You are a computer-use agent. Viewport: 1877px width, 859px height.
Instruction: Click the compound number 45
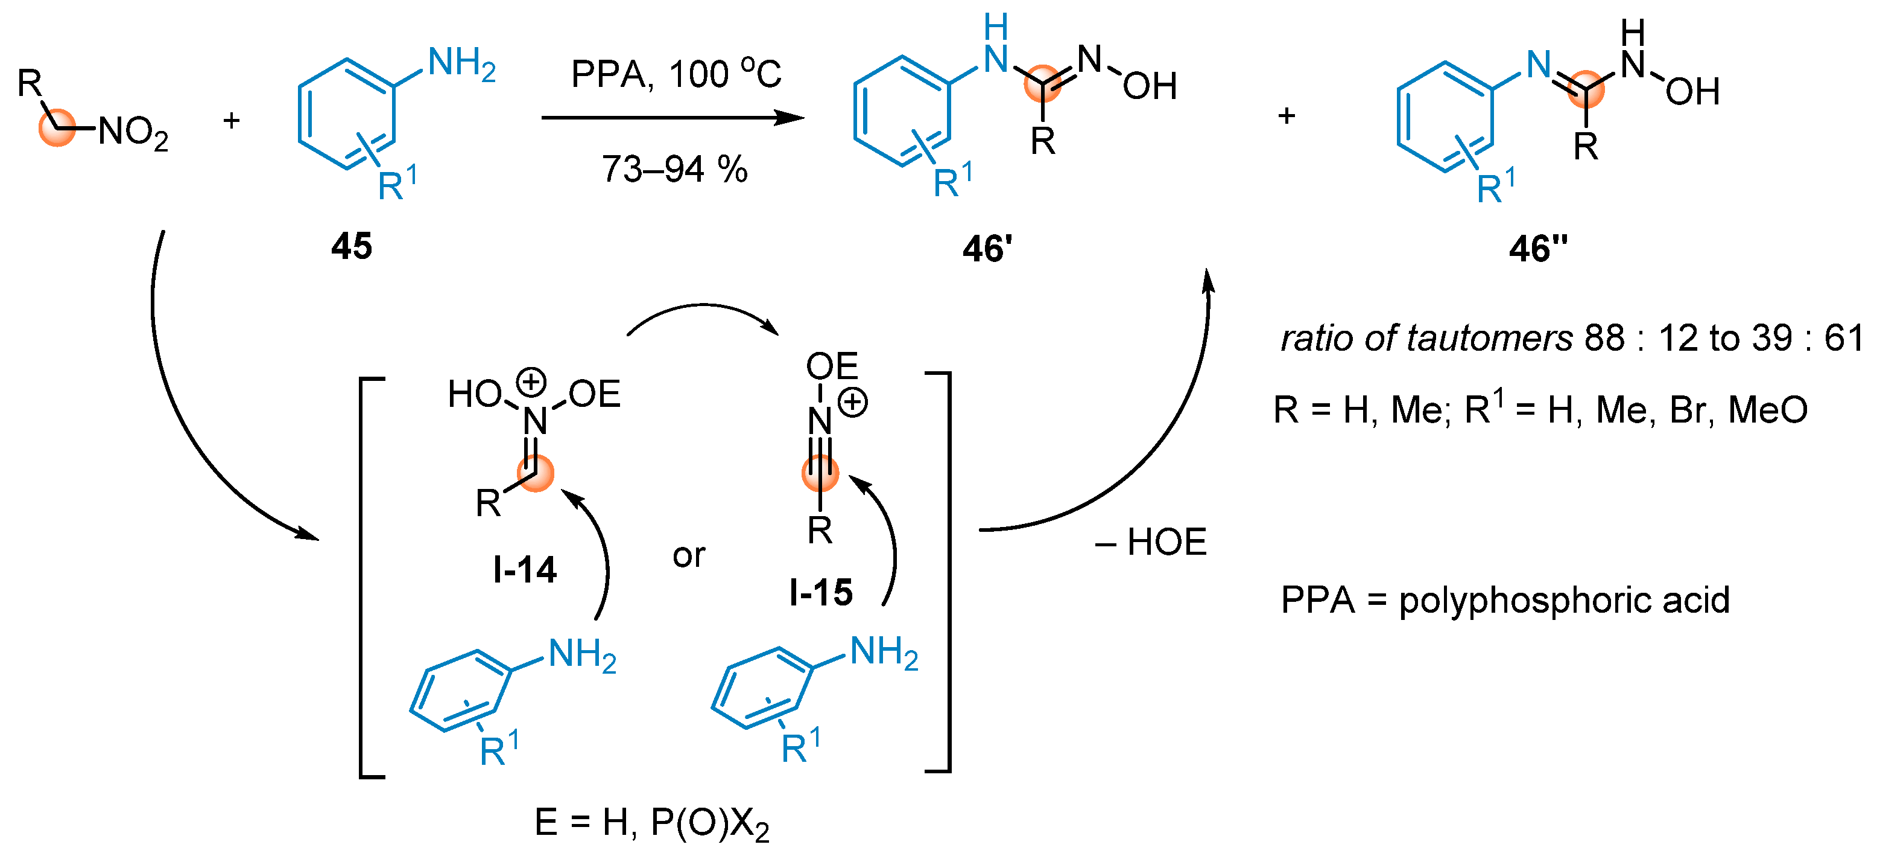351,246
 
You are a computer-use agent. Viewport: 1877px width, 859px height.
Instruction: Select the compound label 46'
987,249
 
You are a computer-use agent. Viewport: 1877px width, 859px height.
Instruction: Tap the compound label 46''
1538,249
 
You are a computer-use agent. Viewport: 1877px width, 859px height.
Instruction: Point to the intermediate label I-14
525,569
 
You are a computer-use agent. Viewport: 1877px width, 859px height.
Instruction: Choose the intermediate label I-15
821,592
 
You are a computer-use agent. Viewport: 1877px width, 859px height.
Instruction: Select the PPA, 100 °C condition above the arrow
676,74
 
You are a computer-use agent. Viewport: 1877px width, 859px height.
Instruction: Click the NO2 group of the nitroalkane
133,133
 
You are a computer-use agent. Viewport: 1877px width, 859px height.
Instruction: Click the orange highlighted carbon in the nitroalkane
57,129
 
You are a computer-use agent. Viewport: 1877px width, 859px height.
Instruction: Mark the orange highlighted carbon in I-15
820,473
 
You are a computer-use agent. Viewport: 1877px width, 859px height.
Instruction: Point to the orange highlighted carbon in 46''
1586,88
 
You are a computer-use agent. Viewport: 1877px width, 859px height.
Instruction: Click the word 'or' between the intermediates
689,555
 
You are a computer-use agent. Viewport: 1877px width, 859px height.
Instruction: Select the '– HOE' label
1151,543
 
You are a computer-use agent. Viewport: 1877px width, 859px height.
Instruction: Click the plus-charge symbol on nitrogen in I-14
531,381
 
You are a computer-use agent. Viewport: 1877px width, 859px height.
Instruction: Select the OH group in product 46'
1150,87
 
